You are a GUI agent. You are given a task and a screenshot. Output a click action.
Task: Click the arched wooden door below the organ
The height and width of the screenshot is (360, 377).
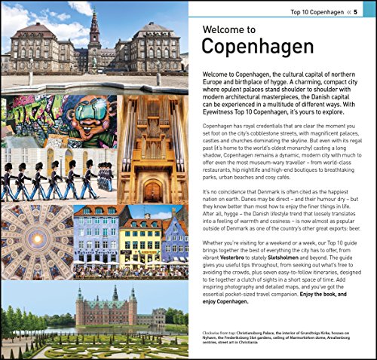pos(153,188)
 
